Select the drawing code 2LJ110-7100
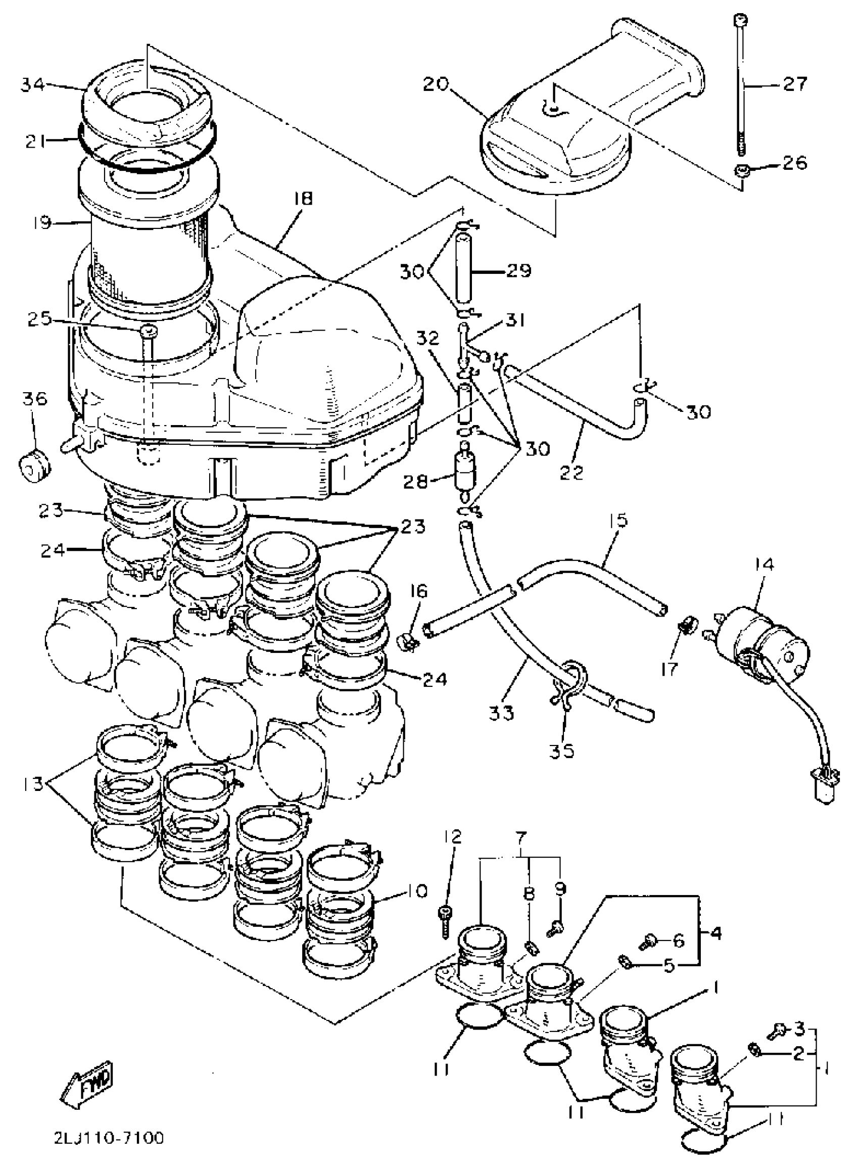[x=109, y=1138]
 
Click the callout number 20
[x=435, y=84]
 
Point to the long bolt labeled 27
[x=740, y=83]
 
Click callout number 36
[x=34, y=399]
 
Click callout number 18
[x=303, y=199]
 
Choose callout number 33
[x=501, y=712]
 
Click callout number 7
[x=521, y=837]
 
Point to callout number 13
[x=33, y=784]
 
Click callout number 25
[x=39, y=319]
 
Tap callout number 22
[x=571, y=472]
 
